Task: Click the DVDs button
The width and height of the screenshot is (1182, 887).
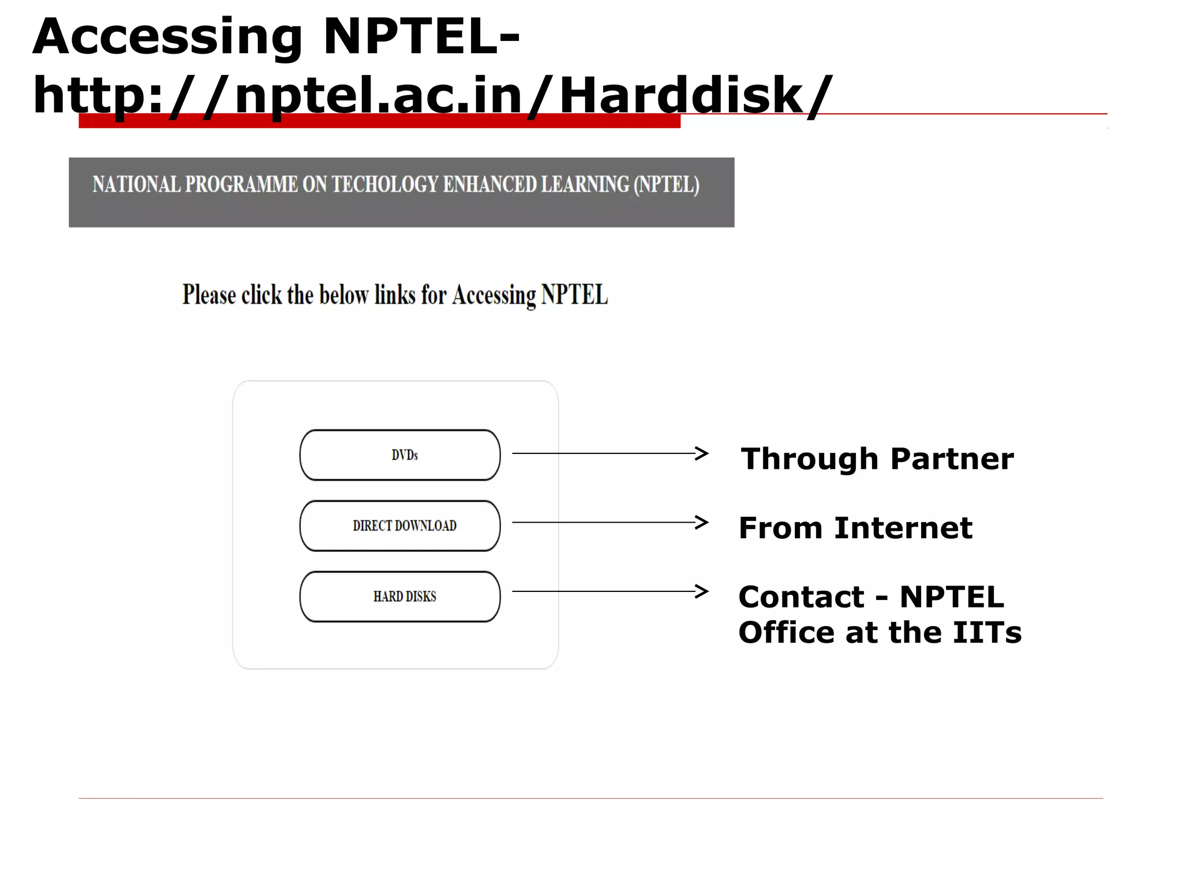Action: point(400,455)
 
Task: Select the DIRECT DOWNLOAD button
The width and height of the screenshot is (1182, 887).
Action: point(400,526)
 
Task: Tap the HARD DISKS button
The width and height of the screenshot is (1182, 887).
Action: point(400,597)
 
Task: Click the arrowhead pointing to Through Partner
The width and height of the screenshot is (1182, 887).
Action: point(701,453)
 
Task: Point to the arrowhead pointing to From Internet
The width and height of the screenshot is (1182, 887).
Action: point(701,523)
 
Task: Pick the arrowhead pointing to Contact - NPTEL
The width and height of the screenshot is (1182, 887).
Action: point(701,591)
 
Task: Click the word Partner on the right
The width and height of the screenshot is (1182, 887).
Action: point(952,459)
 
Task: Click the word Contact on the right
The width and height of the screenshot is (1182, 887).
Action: point(801,597)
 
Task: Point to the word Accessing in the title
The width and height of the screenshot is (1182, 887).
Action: point(167,38)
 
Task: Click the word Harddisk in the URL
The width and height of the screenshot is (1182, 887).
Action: point(681,95)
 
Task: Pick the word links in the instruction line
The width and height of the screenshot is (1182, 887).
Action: point(395,295)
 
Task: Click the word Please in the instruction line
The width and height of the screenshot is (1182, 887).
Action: point(209,295)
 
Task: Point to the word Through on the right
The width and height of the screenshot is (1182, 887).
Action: point(809,459)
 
